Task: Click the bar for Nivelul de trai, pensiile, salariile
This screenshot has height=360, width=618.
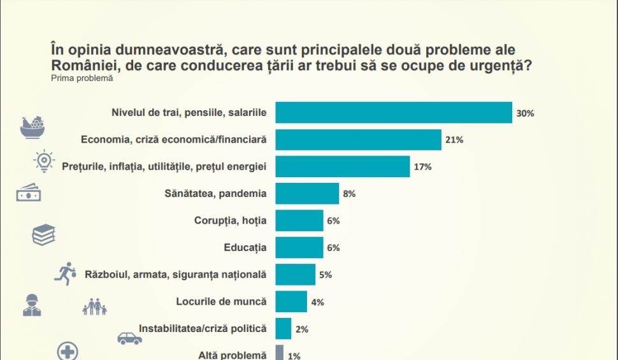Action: [393, 113]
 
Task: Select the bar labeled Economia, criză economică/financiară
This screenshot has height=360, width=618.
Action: [358, 140]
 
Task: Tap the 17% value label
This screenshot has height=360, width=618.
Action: [423, 167]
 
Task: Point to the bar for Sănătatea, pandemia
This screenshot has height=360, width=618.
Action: [306, 194]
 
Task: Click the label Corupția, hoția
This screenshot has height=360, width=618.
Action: [230, 220]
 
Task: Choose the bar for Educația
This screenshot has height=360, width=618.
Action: [299, 247]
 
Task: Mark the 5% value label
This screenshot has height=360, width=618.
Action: [326, 275]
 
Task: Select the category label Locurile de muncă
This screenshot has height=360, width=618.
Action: [221, 301]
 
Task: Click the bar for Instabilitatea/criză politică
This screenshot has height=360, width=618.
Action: [284, 329]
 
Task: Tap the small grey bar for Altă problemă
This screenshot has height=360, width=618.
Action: [279, 352]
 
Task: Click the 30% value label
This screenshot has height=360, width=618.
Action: [525, 113]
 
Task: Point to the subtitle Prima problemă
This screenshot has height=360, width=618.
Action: [81, 78]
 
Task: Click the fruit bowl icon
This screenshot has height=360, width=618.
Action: [33, 126]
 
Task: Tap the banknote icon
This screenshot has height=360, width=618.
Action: [29, 192]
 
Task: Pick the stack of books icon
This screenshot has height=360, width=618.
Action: [44, 235]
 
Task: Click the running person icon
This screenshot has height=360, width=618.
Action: [64, 273]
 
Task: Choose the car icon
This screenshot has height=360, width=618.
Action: [129, 338]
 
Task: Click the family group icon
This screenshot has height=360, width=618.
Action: [94, 306]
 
